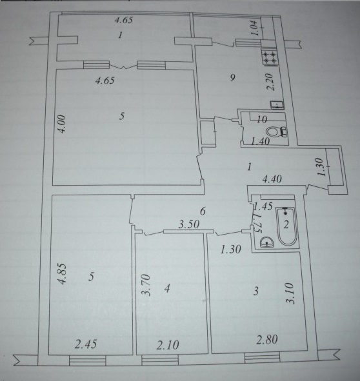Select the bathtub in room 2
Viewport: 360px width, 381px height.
point(286,226)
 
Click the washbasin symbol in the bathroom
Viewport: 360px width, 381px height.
point(266,242)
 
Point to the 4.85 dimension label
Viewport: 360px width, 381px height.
point(63,273)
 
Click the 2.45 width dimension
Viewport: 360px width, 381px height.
point(86,344)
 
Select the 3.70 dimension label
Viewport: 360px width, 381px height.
point(146,285)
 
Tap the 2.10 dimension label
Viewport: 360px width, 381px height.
point(168,345)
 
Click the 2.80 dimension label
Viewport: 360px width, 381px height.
point(267,340)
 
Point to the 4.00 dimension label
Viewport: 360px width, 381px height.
point(63,124)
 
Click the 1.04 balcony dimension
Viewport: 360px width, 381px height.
point(255,28)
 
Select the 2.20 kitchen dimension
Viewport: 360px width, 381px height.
point(272,82)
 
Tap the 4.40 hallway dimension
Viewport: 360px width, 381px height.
point(272,179)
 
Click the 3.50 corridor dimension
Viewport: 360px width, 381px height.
point(189,224)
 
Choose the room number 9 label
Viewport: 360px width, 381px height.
point(233,78)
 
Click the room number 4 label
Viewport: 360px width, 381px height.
point(167,288)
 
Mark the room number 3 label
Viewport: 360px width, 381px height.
point(255,291)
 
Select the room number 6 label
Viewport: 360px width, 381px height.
point(203,211)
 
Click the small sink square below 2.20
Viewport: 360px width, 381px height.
point(277,105)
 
